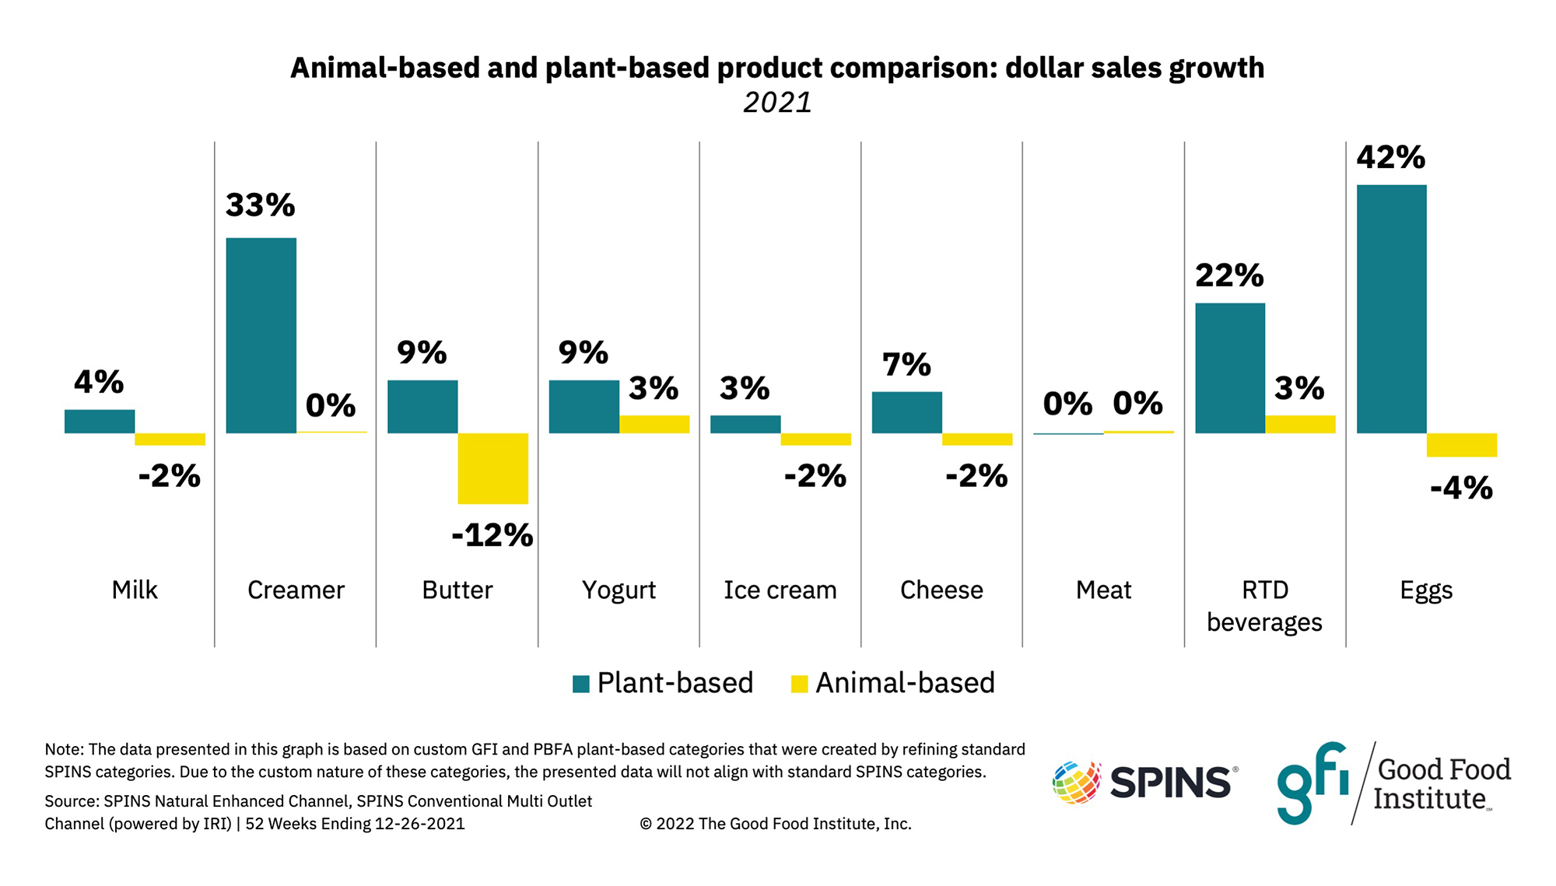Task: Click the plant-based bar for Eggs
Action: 1391,309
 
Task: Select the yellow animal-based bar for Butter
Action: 492,468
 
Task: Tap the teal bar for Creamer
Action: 261,335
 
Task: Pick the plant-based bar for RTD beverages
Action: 1229,368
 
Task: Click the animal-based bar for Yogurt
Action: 654,424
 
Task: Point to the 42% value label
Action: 1391,158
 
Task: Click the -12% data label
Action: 492,535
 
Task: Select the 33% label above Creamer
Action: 261,205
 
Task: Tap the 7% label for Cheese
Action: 906,365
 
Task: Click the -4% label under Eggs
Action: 1461,489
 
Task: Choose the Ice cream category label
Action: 780,590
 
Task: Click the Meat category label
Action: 1103,590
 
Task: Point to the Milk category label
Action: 135,590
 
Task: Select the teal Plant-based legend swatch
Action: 580,684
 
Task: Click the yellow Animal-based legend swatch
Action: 799,684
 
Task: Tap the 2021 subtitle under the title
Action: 777,103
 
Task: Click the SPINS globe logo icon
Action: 1077,782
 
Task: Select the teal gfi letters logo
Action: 1312,782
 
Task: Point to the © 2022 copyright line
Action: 775,824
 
